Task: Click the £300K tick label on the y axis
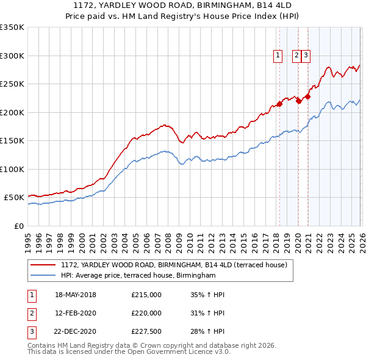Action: pos(12,56)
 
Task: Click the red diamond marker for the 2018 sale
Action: pos(279,104)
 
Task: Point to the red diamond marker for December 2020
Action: pos(308,96)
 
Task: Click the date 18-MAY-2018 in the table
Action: pos(76,295)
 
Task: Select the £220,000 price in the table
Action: pos(146,313)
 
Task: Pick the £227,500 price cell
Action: pos(146,332)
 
